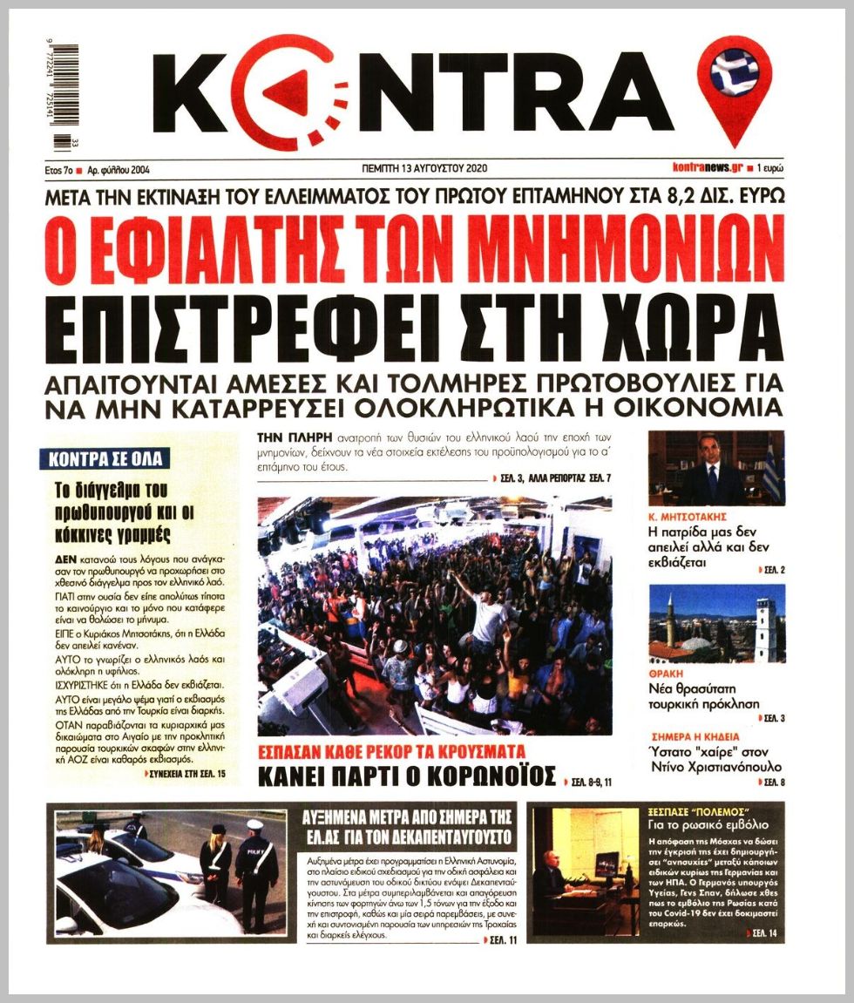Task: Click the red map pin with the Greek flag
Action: coord(735,87)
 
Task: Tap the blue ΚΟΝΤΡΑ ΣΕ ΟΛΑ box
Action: coord(105,458)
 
